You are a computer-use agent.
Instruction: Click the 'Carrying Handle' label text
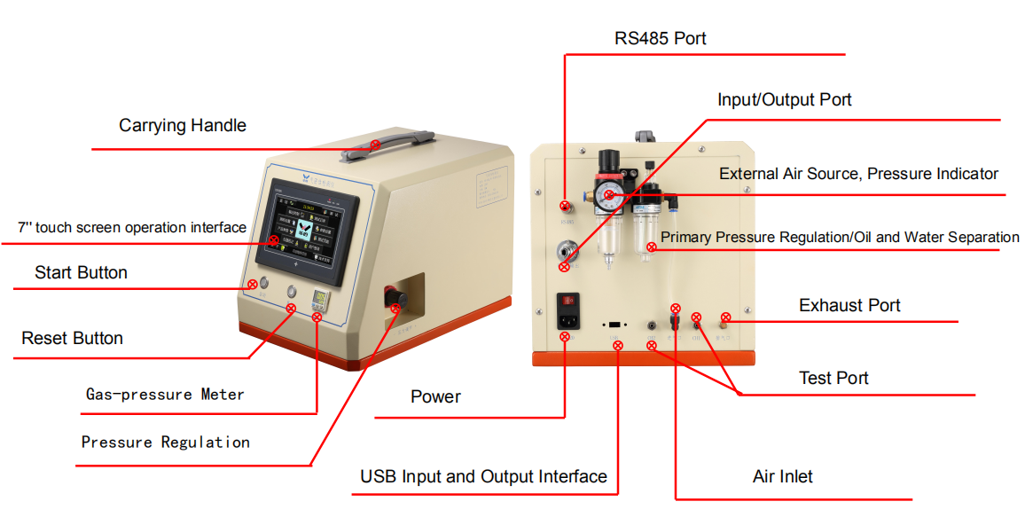click(183, 126)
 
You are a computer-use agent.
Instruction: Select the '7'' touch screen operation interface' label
click(132, 228)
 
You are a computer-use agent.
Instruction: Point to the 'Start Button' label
click(81, 273)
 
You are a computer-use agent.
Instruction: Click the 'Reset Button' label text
click(72, 339)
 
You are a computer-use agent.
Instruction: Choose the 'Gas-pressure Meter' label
click(164, 395)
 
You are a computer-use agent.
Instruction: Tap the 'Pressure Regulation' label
click(165, 443)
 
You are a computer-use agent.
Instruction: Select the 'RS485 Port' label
click(661, 39)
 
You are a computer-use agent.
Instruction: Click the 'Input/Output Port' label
click(784, 100)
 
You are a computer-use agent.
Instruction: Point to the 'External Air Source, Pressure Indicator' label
click(858, 175)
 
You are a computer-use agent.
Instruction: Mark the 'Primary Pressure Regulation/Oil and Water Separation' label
click(840, 238)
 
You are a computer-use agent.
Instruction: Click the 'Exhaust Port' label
click(849, 306)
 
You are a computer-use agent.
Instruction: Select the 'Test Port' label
click(833, 379)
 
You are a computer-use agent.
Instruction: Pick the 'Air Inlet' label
click(782, 477)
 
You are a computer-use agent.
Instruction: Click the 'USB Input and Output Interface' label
click(483, 477)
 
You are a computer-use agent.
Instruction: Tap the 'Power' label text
click(435, 397)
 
